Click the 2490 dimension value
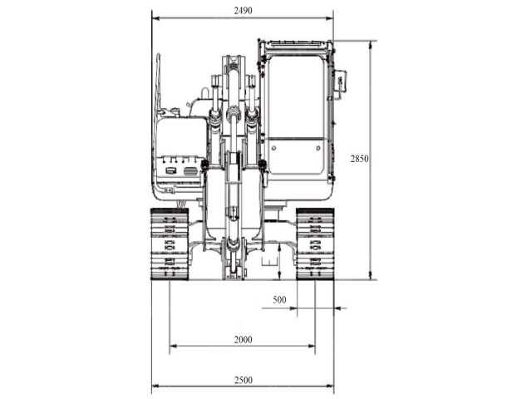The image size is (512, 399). click(x=244, y=11)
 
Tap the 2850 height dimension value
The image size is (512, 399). click(x=360, y=159)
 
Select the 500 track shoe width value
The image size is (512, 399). click(x=279, y=300)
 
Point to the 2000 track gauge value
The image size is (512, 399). click(x=244, y=340)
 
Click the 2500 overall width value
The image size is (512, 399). click(x=244, y=380)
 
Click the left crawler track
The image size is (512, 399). click(x=170, y=244)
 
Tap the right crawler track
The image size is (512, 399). click(x=315, y=244)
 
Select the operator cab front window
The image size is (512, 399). click(x=296, y=97)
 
